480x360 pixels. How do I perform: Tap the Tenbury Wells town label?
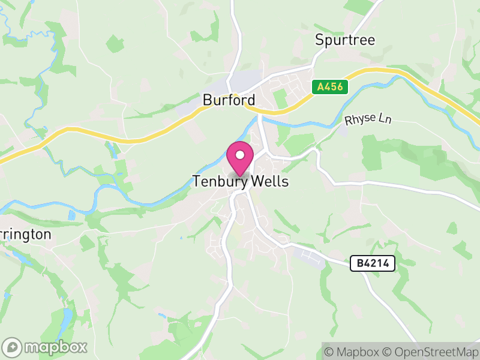(240, 181)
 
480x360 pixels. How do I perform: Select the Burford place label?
(229, 100)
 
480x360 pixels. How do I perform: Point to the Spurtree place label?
(345, 40)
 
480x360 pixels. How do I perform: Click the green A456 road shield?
(329, 87)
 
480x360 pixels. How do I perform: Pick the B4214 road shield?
(373, 263)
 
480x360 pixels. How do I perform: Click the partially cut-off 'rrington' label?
(25, 234)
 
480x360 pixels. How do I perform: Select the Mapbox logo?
(46, 347)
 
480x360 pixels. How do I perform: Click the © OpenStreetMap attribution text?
(430, 352)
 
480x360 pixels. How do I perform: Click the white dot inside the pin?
(240, 155)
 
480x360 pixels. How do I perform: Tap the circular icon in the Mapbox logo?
(12, 347)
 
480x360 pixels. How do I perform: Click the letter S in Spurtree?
(320, 40)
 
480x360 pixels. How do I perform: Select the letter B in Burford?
(207, 100)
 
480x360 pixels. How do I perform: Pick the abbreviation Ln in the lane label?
(384, 118)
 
